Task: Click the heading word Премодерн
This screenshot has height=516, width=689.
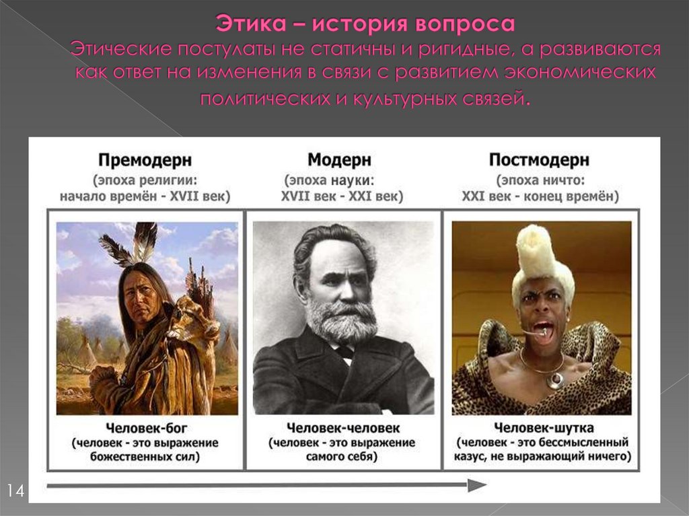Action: (145, 160)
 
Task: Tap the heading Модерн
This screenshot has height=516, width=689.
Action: (339, 160)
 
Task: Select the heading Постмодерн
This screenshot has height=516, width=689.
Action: (539, 160)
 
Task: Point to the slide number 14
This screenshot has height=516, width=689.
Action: (15, 490)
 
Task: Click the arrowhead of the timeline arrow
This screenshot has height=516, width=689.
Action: (477, 485)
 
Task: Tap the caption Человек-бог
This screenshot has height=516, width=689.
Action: (145, 427)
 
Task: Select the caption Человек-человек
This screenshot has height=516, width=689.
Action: (343, 427)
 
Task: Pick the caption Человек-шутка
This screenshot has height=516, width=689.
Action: (542, 427)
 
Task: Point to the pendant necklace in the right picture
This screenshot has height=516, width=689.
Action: (556, 379)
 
